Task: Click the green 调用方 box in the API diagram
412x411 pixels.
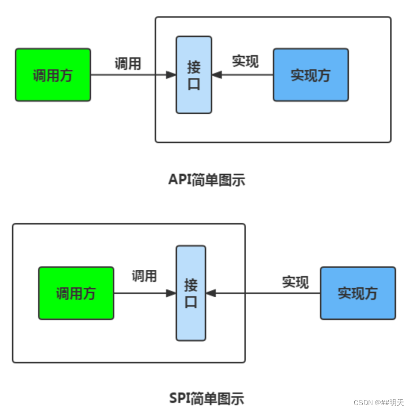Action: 53,75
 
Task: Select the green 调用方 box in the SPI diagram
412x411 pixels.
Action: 76,293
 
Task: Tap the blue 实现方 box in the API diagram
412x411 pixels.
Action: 311,75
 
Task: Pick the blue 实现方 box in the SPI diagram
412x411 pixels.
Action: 358,293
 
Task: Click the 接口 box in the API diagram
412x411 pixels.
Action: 194,75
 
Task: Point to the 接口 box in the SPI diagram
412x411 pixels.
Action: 191,293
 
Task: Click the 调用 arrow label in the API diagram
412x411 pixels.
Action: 128,64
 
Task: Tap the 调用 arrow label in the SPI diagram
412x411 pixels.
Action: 144,276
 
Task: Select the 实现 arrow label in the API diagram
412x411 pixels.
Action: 245,61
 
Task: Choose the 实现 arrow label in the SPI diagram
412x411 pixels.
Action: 295,282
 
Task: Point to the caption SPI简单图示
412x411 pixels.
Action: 207,398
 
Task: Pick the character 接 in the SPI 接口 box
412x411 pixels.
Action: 191,285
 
